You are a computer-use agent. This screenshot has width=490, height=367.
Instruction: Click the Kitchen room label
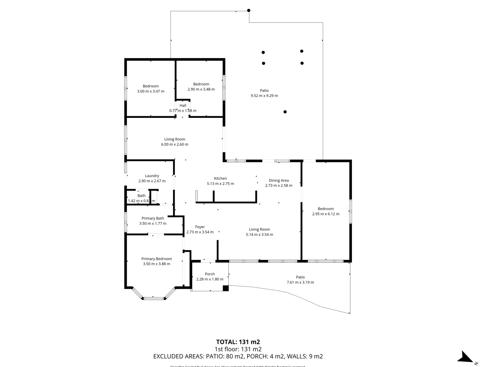point(220,178)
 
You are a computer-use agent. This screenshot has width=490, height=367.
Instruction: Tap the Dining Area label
point(278,180)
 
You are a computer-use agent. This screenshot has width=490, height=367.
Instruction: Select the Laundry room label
point(152,176)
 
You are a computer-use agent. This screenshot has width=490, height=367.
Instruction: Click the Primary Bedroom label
point(156,259)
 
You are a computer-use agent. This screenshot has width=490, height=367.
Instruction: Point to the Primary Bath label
point(153,218)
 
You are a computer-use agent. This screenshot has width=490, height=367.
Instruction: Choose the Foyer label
point(200,227)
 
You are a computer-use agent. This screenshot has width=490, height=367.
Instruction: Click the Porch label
point(210,274)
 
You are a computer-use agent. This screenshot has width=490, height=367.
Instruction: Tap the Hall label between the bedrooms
point(183,105)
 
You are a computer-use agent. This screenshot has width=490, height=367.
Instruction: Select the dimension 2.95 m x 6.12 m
point(325,214)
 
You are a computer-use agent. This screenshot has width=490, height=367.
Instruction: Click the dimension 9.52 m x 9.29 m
point(264,96)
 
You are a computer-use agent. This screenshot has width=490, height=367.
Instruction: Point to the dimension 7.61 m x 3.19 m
point(300,282)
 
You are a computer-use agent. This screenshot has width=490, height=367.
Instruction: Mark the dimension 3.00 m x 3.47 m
point(151,91)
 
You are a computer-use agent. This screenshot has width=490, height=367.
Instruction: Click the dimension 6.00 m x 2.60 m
point(174,144)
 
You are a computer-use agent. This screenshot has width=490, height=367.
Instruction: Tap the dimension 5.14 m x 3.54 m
point(259,234)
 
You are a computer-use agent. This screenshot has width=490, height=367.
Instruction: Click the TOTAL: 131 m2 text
point(238,342)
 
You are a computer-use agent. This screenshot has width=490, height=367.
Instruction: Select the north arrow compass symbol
point(465,357)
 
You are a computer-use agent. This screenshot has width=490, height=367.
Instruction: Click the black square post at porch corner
point(225,288)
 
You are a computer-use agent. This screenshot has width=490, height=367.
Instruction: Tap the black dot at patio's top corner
point(249,11)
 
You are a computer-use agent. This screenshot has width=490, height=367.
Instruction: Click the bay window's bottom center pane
point(153,298)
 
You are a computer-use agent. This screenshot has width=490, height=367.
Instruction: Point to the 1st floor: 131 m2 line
point(238,349)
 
